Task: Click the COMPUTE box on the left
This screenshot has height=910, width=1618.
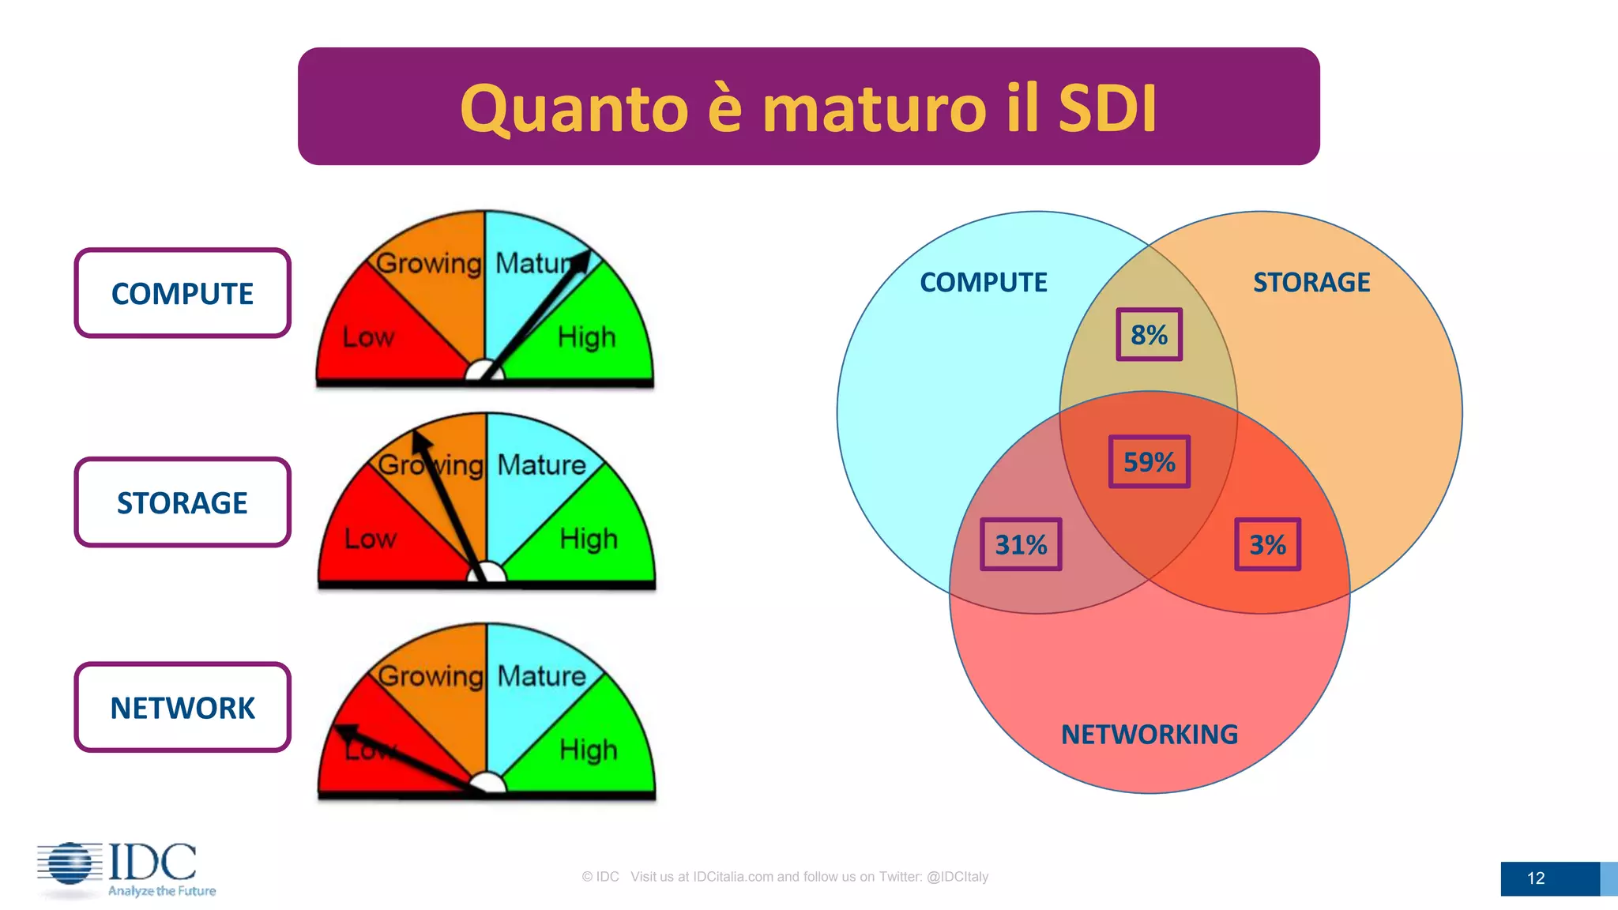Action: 182,293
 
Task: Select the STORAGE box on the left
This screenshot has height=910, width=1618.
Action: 182,502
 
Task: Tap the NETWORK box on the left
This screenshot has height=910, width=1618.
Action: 182,708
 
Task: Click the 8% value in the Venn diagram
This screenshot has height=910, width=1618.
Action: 1149,335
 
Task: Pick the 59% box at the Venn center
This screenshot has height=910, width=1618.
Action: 1149,462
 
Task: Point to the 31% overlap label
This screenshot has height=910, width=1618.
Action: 1021,544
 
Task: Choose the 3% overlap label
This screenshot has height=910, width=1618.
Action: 1267,544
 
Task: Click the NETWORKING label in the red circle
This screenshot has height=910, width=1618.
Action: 1149,735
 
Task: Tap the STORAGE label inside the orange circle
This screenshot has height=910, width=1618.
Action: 1311,282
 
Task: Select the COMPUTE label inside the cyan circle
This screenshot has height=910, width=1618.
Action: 983,282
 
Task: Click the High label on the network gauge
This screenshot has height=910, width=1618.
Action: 588,749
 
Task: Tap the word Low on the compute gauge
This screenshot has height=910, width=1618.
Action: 368,337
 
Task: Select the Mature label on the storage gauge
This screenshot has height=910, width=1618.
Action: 541,464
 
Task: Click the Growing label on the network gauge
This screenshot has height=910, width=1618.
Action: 431,676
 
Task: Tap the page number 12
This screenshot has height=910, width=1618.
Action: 1536,878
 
